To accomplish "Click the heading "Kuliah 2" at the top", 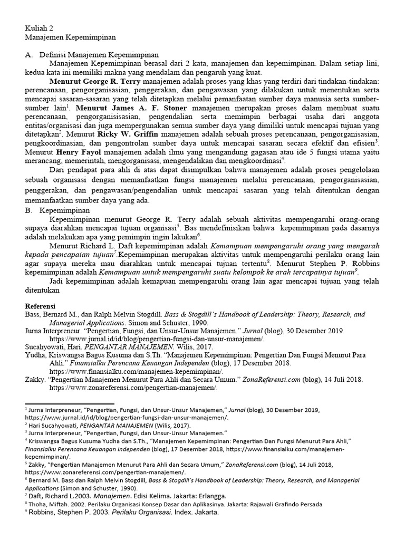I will pyautogui.click(x=39, y=28).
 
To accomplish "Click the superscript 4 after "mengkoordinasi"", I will pyautogui.click(x=283, y=158).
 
